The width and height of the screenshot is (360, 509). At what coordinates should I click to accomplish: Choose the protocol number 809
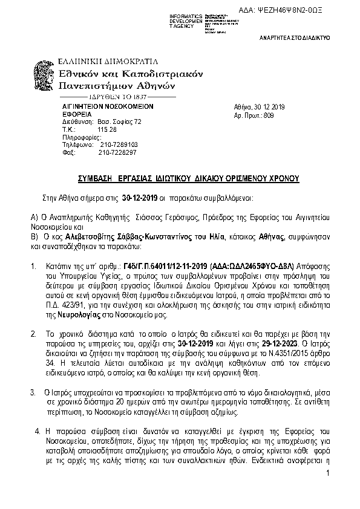[269, 114]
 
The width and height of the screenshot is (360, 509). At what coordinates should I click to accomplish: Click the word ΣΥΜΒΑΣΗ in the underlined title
[98, 179]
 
